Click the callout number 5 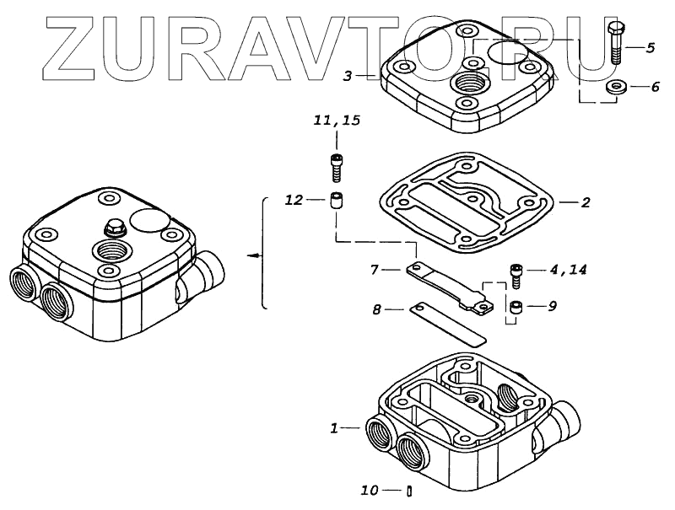pos(650,48)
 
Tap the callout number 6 pos(650,88)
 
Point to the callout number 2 pos(585,202)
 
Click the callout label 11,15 pos(337,121)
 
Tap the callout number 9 pos(552,306)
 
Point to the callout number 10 pos(370,490)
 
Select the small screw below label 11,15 pos(337,166)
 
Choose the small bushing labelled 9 pos(516,307)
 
